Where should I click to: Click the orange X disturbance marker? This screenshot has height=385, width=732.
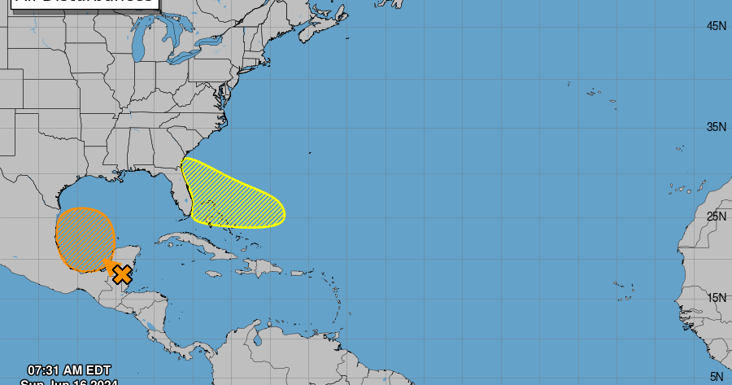tap(122, 274)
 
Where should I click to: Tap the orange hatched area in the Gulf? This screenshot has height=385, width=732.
tap(84, 238)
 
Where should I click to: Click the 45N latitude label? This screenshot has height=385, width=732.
tap(716, 27)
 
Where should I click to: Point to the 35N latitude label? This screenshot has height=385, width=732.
tap(716, 127)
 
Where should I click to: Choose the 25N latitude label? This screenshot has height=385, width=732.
tap(716, 216)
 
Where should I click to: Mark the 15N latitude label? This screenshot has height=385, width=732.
tap(716, 298)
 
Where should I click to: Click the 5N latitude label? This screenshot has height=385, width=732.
tap(716, 376)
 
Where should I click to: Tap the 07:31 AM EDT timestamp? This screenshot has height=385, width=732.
tap(68, 370)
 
